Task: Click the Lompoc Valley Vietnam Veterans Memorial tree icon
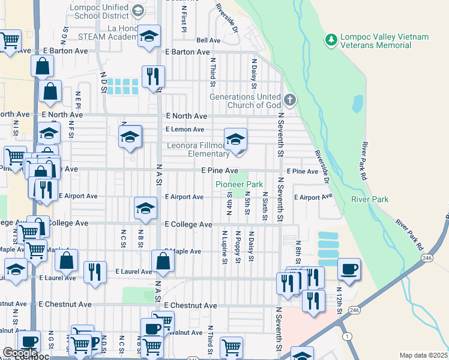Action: coord(330,40)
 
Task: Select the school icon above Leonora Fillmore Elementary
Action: coord(236,140)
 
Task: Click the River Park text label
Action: coord(370,199)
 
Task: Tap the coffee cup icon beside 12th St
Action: coord(349,269)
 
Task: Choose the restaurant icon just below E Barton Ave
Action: coord(153,77)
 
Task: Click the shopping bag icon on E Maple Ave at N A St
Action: coord(163,262)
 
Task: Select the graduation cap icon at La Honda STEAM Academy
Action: coord(149,37)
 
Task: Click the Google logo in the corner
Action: coord(19,353)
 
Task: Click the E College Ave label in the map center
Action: coord(188,224)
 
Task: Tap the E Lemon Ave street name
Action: coord(184,129)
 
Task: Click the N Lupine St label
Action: coord(224,247)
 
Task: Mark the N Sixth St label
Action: coord(265,201)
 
